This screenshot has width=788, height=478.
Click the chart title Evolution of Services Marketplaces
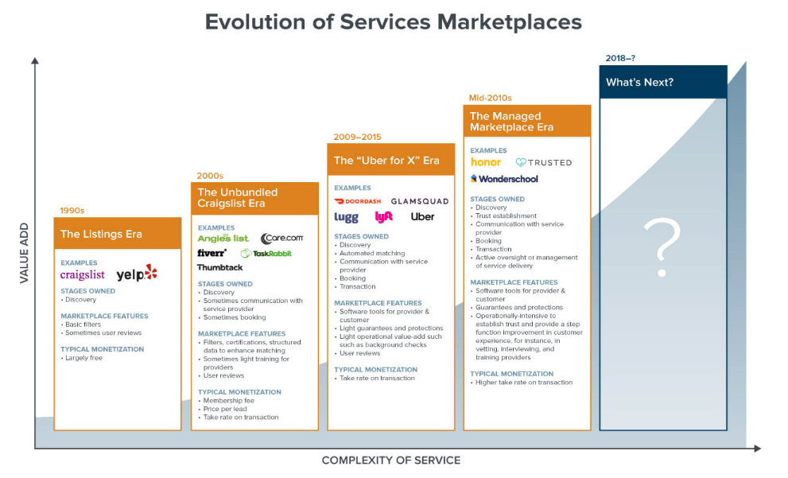click(x=393, y=21)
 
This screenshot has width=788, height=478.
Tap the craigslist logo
click(x=83, y=274)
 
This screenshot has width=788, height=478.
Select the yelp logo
click(x=137, y=274)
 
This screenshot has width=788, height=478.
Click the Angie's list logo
click(x=223, y=238)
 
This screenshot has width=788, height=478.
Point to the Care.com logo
click(x=281, y=238)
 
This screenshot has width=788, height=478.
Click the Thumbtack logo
click(x=220, y=267)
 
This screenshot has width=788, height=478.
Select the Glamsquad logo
click(x=419, y=201)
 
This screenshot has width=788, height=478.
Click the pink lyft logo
click(x=384, y=216)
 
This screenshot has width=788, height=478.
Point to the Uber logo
click(x=422, y=216)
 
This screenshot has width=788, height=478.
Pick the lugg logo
click(x=346, y=217)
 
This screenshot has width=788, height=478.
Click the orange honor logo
click(x=486, y=162)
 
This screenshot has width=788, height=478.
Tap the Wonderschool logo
click(x=504, y=179)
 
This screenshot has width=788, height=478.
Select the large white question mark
click(x=662, y=249)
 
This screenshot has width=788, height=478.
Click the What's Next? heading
click(x=639, y=82)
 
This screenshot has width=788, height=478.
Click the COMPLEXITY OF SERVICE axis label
click(x=390, y=460)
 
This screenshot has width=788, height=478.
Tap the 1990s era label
click(x=72, y=211)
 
